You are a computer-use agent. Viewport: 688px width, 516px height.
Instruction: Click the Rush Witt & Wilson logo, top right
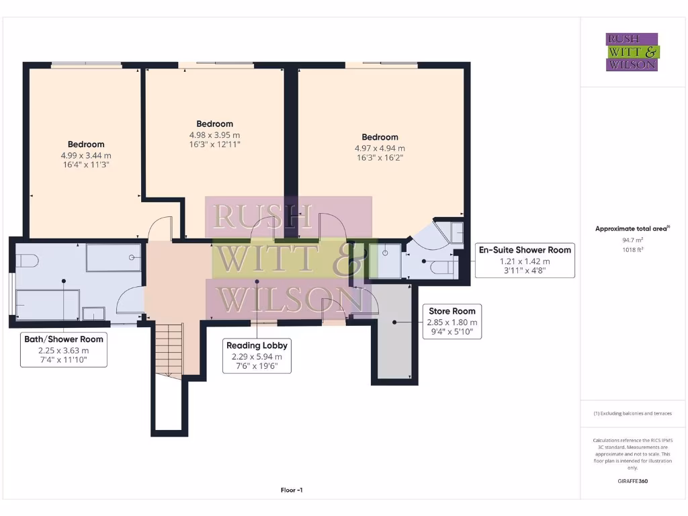pyautogui.click(x=632, y=52)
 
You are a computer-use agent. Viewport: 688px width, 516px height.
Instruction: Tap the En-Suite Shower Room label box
pyautogui.click(x=525, y=260)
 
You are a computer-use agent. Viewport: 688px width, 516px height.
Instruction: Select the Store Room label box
pyautogui.click(x=451, y=321)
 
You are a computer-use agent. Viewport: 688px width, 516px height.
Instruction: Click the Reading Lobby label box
pyautogui.click(x=256, y=355)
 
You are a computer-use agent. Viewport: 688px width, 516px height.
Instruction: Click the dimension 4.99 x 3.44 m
pyautogui.click(x=85, y=155)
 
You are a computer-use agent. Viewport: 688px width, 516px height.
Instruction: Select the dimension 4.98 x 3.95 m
pyautogui.click(x=214, y=134)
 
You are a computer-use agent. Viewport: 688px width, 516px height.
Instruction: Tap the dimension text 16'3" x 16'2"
pyautogui.click(x=380, y=158)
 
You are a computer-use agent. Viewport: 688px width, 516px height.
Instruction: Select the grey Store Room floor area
pyautogui.click(x=396, y=343)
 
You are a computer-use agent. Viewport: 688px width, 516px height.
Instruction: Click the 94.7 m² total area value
pyautogui.click(x=632, y=239)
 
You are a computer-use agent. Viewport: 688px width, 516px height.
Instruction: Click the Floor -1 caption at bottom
pyautogui.click(x=292, y=490)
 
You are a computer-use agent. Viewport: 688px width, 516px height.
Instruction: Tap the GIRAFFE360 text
pyautogui.click(x=632, y=481)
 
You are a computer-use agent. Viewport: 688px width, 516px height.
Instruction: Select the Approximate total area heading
pyautogui.click(x=632, y=228)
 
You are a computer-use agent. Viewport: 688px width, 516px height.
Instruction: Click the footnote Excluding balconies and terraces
pyautogui.click(x=632, y=413)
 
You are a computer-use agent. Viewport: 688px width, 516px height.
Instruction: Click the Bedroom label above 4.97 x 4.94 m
pyautogui.click(x=380, y=137)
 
